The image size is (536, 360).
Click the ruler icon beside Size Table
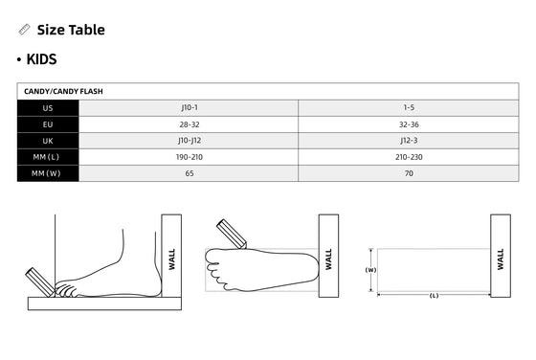click(x=24, y=30)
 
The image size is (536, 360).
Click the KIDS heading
click(x=41, y=59)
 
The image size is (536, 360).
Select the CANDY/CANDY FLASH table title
click(x=63, y=91)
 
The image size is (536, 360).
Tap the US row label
click(x=48, y=108)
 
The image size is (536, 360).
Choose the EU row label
click(x=48, y=124)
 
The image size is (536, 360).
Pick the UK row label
click(x=48, y=141)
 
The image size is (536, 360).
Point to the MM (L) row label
click(x=46, y=157)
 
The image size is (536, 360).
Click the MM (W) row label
click(x=46, y=173)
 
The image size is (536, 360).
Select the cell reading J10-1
click(x=190, y=107)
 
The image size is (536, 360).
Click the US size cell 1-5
click(x=409, y=107)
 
